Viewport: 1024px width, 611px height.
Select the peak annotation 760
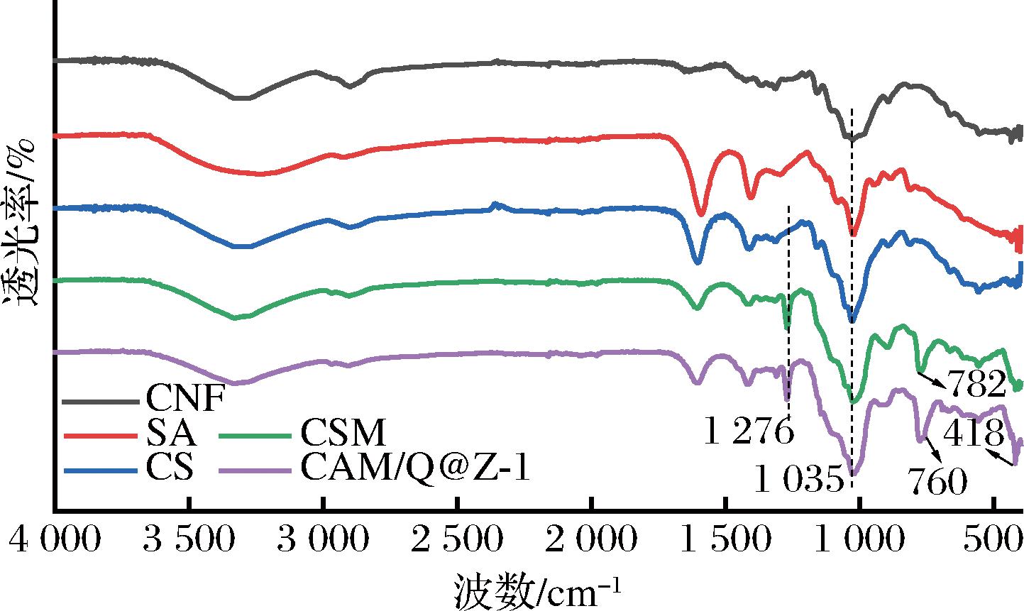(937, 483)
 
